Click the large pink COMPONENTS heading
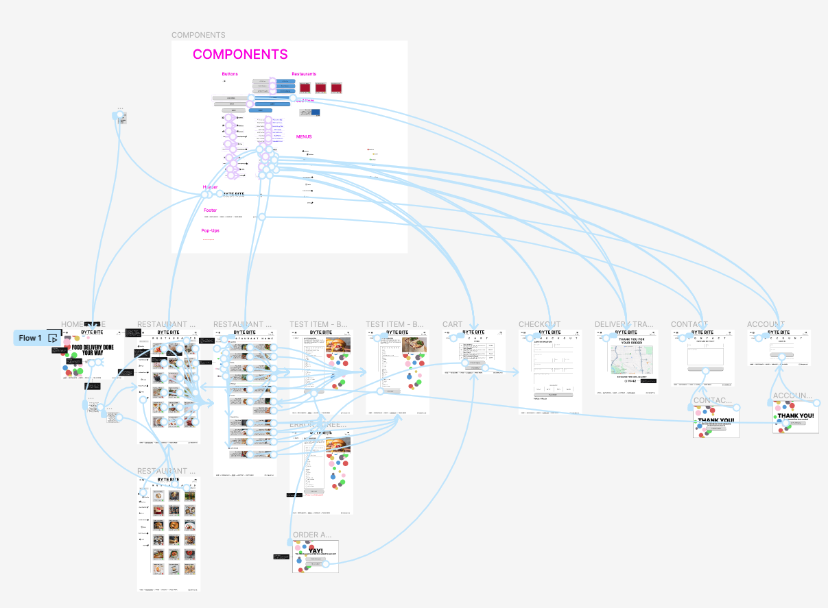(x=240, y=55)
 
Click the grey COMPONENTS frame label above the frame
(x=198, y=35)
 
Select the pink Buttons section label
(x=230, y=74)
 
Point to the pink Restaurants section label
(x=304, y=74)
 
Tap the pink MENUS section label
(x=304, y=136)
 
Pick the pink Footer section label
(x=210, y=210)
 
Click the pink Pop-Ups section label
(x=211, y=230)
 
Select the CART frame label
(x=452, y=324)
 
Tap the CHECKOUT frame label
(x=539, y=324)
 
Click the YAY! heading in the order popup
(x=316, y=550)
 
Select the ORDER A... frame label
(x=312, y=535)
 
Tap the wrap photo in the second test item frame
(x=414, y=344)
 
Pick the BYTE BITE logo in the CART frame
(x=473, y=332)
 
